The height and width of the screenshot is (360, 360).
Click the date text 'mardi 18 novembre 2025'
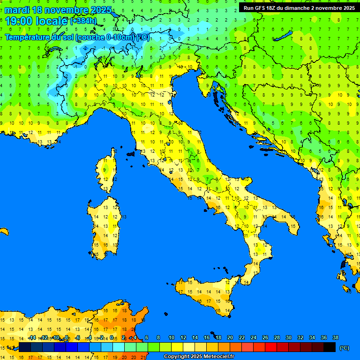[58, 10]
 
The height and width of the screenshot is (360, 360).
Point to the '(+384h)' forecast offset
[84, 21]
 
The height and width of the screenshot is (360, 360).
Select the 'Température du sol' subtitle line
[77, 37]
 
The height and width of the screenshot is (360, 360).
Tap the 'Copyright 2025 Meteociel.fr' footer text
[199, 357]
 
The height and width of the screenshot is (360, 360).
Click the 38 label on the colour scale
[336, 337]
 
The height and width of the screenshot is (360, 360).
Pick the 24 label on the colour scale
[254, 337]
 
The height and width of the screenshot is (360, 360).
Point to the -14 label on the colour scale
[31, 337]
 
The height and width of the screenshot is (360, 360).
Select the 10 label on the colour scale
[172, 337]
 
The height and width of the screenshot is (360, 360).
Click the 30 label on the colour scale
[289, 337]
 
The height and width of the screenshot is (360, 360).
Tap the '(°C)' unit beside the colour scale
[345, 348]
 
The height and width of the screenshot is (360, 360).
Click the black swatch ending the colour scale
[330, 347]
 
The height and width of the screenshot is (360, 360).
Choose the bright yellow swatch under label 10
[177, 347]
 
